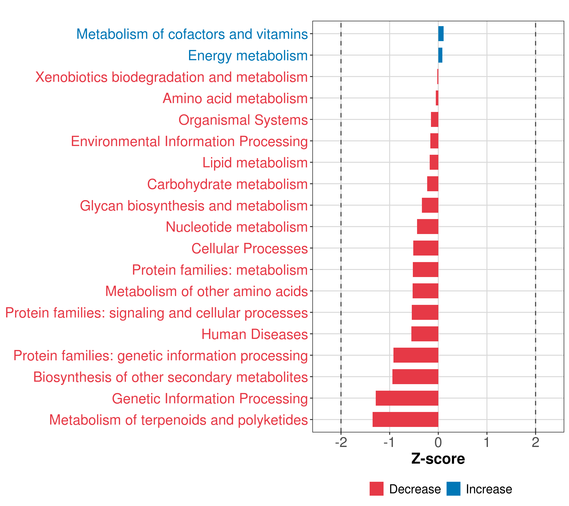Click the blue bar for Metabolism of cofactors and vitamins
pyautogui.click(x=441, y=34)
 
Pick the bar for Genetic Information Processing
pyautogui.click(x=407, y=398)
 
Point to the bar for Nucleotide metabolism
pyautogui.click(x=428, y=227)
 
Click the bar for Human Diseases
pyautogui.click(x=425, y=334)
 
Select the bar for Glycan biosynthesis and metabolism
pyautogui.click(x=430, y=205)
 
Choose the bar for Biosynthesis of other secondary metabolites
pyautogui.click(x=415, y=377)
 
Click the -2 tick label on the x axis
pyautogui.click(x=341, y=443)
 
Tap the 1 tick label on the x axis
pyautogui.click(x=487, y=443)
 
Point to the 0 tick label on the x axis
pyautogui.click(x=438, y=443)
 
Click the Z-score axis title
pyautogui.click(x=438, y=459)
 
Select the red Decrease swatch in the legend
pyautogui.click(x=376, y=489)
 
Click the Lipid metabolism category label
pyautogui.click(x=255, y=163)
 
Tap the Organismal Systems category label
pyautogui.click(x=243, y=120)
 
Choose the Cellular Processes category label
pyautogui.click(x=250, y=248)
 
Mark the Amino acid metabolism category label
pyautogui.click(x=235, y=98)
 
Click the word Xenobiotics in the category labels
pyautogui.click(x=71, y=77)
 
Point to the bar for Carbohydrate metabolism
pyautogui.click(x=433, y=184)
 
